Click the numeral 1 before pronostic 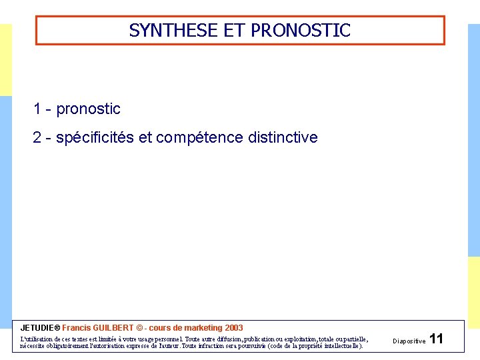(x=37, y=109)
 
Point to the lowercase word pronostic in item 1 (x=88, y=109)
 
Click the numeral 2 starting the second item (x=37, y=138)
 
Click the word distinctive (x=283, y=138)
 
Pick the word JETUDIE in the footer (x=39, y=328)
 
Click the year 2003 (x=234, y=328)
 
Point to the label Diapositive (x=409, y=341)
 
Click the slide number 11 (x=437, y=339)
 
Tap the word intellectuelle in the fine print (x=337, y=346)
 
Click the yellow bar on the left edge (x=5, y=60)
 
